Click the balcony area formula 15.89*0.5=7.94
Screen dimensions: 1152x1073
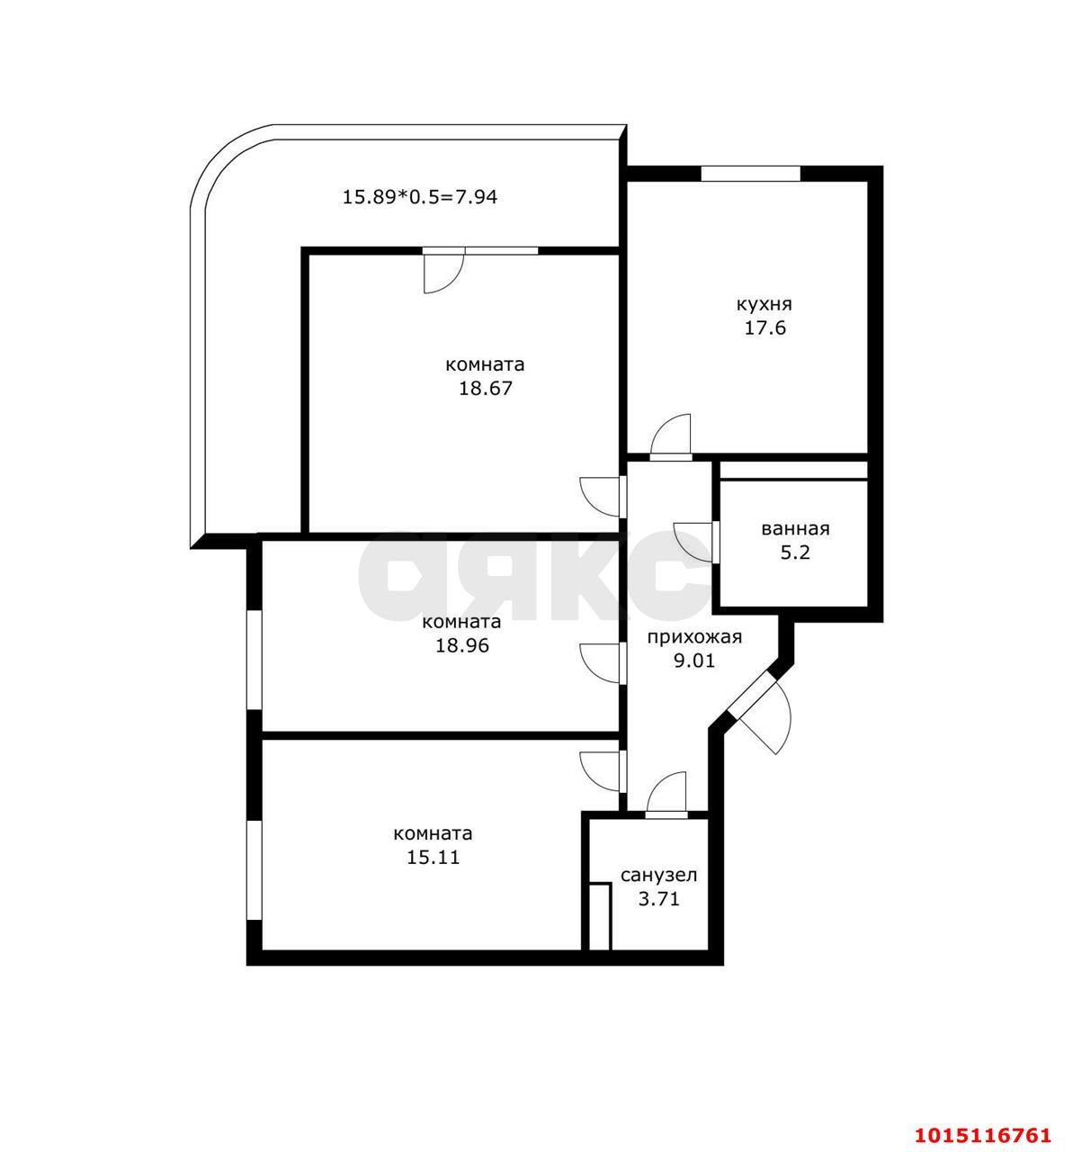click(x=419, y=196)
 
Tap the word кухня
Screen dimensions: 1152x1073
click(x=764, y=304)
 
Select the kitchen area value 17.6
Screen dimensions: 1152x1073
click(x=764, y=328)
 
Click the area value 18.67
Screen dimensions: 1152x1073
click(x=485, y=389)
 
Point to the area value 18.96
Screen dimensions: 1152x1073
click(x=461, y=645)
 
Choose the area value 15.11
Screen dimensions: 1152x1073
click(x=433, y=858)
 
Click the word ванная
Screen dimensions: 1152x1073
click(x=794, y=529)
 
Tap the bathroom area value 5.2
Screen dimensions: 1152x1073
click(x=794, y=553)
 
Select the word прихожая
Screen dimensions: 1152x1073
click(x=694, y=637)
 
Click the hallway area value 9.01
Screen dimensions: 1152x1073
click(x=694, y=661)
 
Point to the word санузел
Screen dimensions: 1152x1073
click(x=658, y=875)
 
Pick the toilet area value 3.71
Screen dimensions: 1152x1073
click(x=658, y=898)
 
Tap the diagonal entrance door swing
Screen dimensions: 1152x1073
click(x=765, y=715)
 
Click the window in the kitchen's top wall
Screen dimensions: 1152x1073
click(x=750, y=174)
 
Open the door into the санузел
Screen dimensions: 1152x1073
click(x=666, y=794)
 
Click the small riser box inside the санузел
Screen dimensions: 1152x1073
click(x=600, y=916)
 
